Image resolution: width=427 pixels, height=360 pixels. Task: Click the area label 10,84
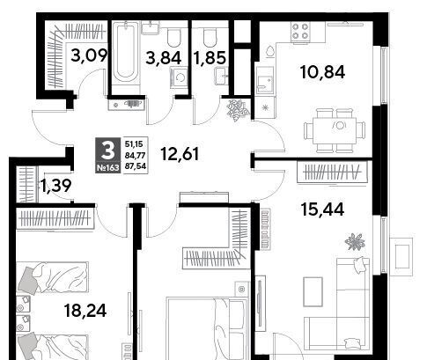pos(322,72)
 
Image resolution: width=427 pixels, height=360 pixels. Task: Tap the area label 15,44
pos(322,209)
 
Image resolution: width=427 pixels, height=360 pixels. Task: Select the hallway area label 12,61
pos(180,154)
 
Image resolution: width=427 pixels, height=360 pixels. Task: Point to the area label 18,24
pos(85,311)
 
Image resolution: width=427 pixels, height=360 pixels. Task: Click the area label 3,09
pos(89,55)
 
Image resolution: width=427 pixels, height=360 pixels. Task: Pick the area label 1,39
pos(56,186)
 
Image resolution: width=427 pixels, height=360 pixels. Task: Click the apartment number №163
pos(108,168)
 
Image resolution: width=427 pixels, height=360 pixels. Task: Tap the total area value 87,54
pos(136,166)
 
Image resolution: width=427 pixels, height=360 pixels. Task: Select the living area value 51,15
pos(134,144)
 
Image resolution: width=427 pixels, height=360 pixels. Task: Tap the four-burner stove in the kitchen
pos(301,32)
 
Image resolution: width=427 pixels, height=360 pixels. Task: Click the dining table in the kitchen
pos(335,130)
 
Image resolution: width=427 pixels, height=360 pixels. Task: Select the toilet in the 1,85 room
pos(210,38)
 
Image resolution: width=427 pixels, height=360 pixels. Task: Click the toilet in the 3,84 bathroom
pos(173,38)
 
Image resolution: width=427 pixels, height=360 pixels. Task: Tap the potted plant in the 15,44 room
pos(355,242)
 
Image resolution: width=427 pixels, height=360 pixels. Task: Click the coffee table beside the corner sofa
pos(313,291)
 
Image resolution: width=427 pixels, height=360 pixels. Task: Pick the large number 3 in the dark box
pos(108,151)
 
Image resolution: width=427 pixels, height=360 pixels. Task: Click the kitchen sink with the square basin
pos(265,81)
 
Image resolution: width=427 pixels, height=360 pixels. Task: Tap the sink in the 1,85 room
pos(222,76)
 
